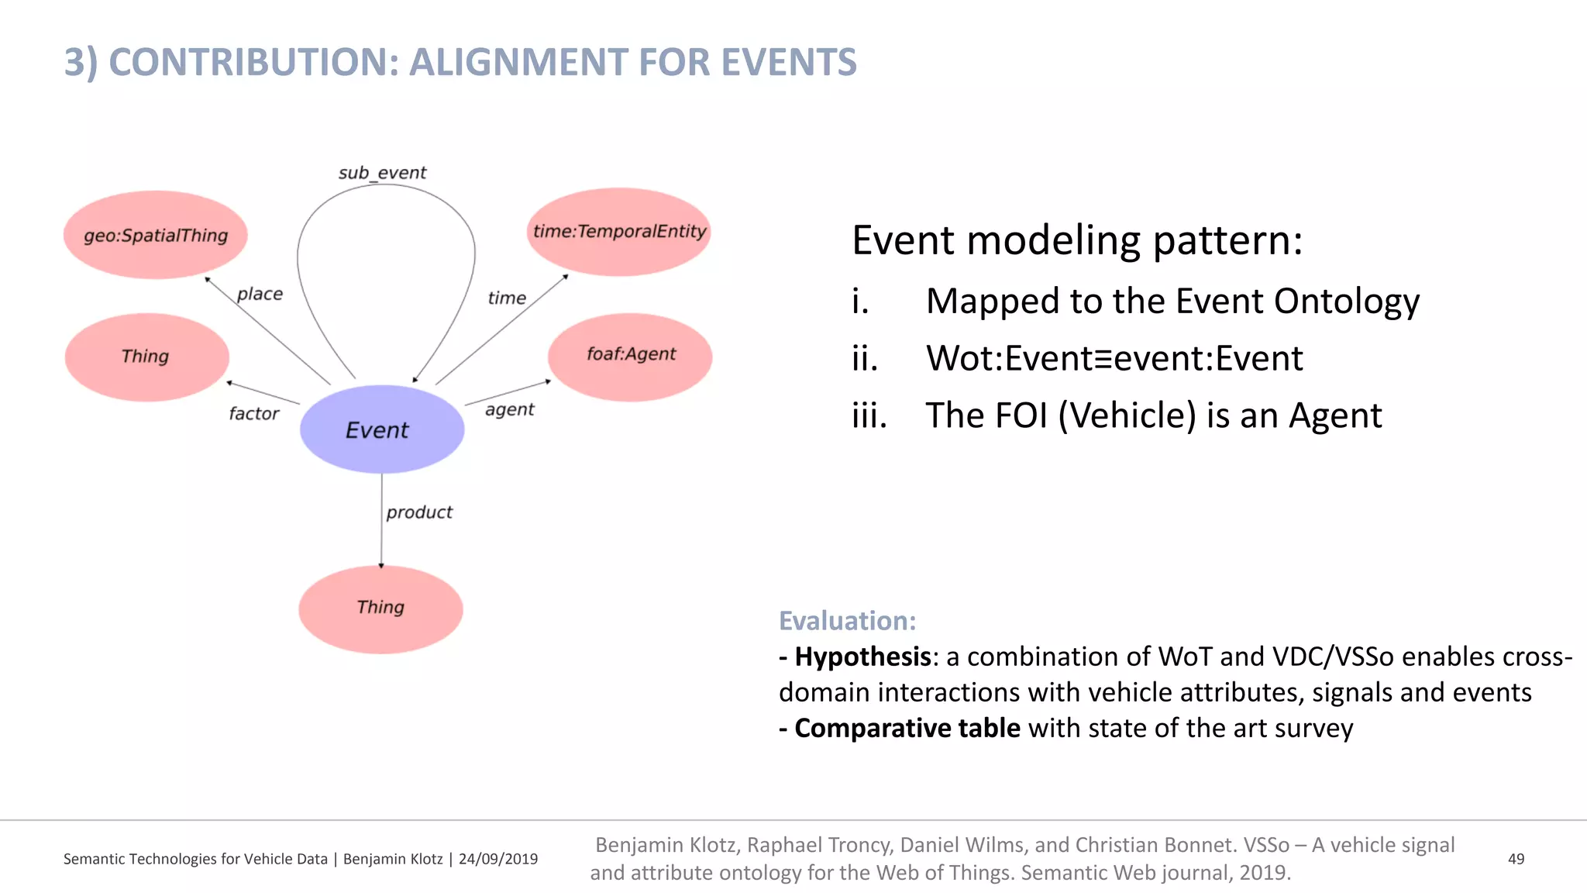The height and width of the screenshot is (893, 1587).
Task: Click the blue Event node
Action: [x=381, y=429]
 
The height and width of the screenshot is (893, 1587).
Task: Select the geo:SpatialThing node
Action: [x=155, y=235]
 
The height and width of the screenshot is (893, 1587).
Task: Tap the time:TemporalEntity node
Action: [x=619, y=231]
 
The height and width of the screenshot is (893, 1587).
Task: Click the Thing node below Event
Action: [x=380, y=609]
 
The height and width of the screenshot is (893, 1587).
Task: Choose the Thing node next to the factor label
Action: [x=146, y=357]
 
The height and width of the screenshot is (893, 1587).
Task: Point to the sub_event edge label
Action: [x=382, y=172]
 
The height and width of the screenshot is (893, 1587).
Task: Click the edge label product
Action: [x=419, y=512]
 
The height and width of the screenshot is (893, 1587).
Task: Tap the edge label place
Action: [x=260, y=294]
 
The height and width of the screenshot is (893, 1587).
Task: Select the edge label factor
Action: [x=253, y=414]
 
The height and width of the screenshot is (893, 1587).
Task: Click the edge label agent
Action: [x=509, y=409]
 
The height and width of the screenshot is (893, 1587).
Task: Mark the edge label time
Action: [x=507, y=298]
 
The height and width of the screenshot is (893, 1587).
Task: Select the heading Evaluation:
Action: [x=847, y=621]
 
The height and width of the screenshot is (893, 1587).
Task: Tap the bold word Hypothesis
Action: [x=862, y=657]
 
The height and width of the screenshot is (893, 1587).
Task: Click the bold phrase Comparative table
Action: [x=907, y=728]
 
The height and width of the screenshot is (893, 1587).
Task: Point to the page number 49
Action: [x=1516, y=859]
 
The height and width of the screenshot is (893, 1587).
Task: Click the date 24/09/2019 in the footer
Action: [x=497, y=859]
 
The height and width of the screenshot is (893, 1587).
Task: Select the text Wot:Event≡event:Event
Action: [x=1114, y=358]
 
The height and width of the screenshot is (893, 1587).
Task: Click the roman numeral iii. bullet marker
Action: [x=869, y=415]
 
